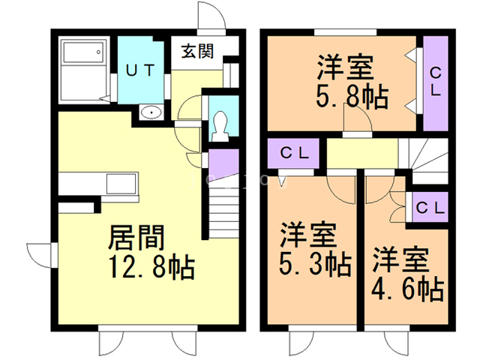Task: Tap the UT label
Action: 139,70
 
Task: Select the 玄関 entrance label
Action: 197,52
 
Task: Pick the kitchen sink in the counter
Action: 120,184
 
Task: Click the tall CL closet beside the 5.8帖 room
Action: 436,82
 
